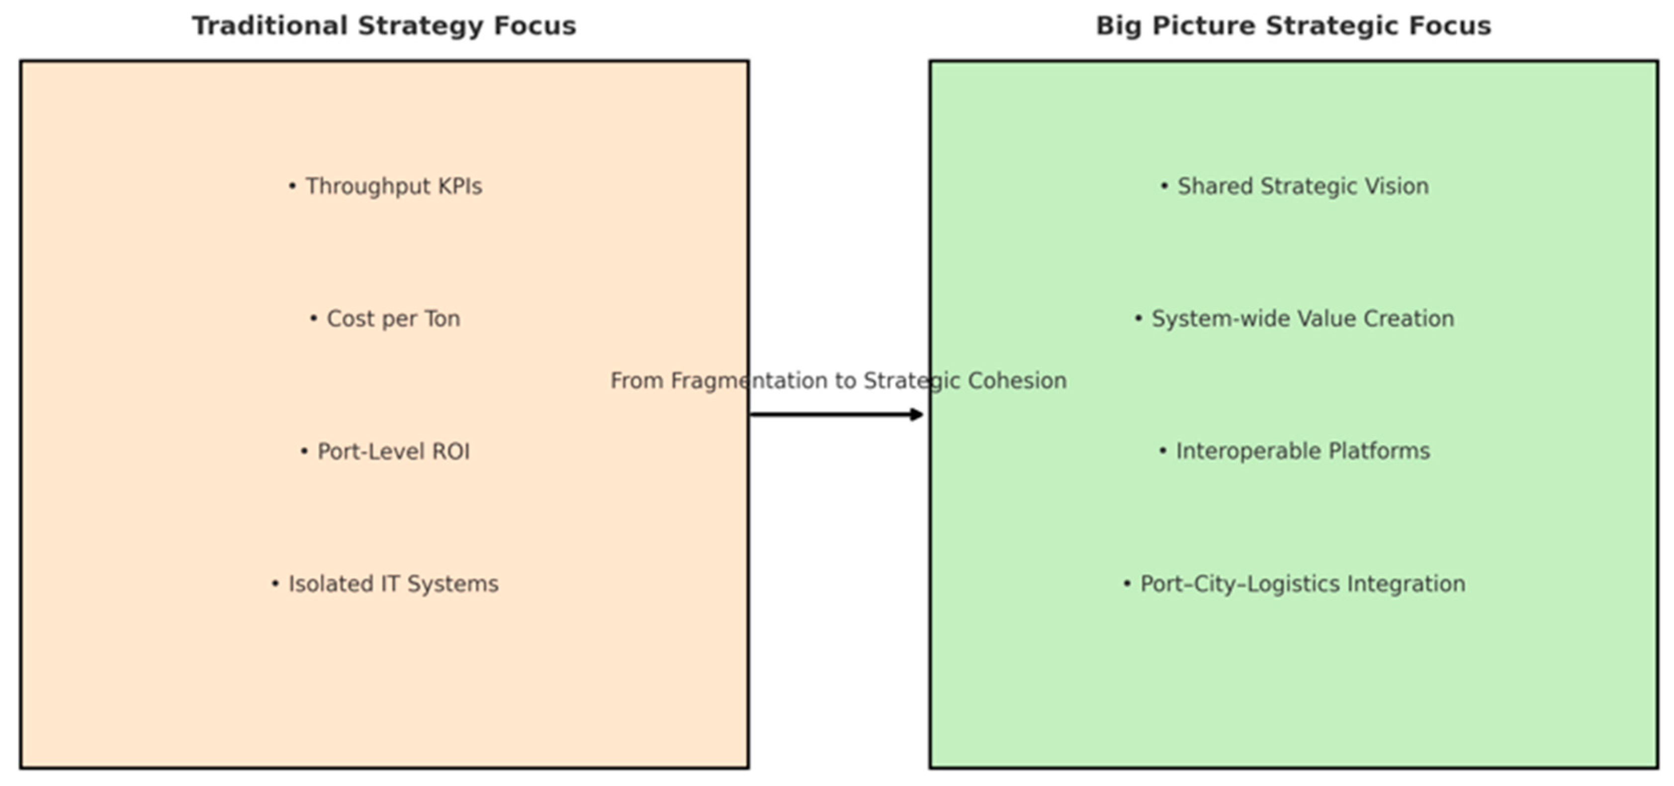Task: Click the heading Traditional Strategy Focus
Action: tap(383, 26)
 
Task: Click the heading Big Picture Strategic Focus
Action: tap(1293, 26)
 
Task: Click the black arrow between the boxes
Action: tap(832, 415)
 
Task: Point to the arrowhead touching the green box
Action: tap(916, 415)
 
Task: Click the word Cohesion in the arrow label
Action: tap(1017, 381)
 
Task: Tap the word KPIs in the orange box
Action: tap(459, 186)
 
